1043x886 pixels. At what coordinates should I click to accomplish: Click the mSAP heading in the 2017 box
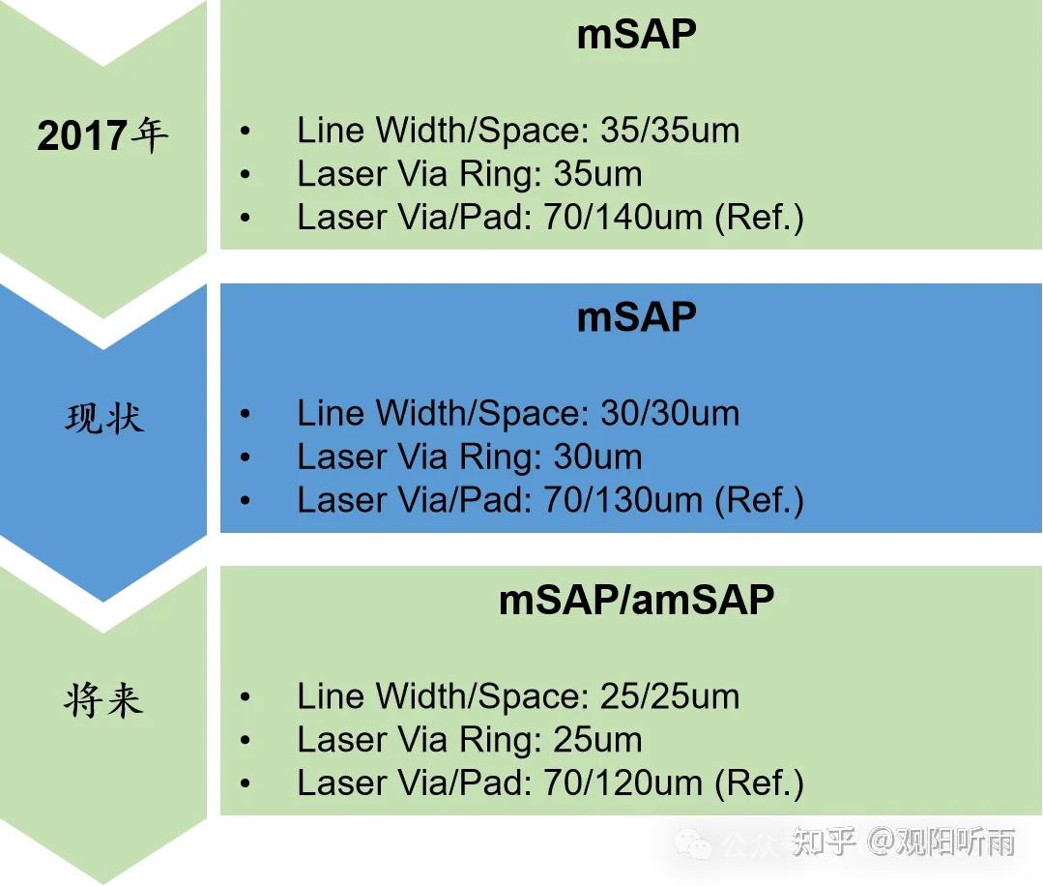click(637, 34)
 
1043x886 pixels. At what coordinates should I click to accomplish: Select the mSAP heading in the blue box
click(637, 317)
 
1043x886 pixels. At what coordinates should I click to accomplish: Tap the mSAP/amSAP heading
click(637, 600)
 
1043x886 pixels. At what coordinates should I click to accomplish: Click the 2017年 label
click(102, 135)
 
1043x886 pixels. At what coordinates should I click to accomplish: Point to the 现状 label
click(104, 419)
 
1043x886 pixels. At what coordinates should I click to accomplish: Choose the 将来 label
click(103, 701)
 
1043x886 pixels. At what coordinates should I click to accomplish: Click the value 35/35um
click(670, 131)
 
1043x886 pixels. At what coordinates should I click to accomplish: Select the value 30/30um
click(670, 413)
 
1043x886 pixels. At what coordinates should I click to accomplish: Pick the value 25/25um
click(670, 696)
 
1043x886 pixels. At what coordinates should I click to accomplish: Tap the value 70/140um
click(623, 217)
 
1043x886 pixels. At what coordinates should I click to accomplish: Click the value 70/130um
click(623, 500)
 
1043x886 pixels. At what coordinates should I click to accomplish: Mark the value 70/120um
click(623, 783)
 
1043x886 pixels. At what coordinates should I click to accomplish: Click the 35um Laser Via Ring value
click(598, 174)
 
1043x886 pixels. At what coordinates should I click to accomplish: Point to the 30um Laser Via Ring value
click(598, 457)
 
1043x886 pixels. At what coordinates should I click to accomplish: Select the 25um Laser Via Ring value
click(598, 740)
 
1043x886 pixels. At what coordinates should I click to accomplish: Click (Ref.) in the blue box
click(759, 501)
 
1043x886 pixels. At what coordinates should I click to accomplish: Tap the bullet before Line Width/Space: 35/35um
click(246, 132)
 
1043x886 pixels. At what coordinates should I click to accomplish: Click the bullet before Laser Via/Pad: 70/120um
click(246, 783)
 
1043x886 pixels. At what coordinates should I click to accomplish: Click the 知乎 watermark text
click(824, 842)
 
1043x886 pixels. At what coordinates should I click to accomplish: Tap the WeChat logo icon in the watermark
click(693, 843)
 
